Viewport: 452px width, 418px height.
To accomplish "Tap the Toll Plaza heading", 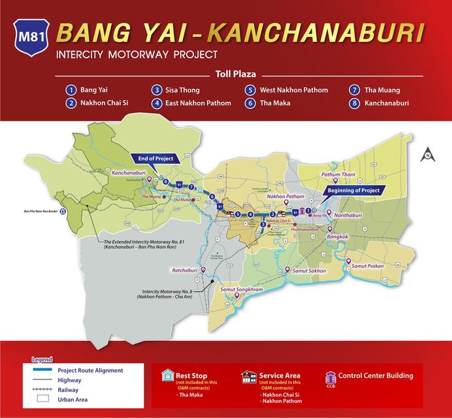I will click(225, 74).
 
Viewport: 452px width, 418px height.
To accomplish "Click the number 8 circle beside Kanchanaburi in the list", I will click(353, 103).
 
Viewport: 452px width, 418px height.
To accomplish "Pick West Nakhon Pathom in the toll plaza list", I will click(295, 90).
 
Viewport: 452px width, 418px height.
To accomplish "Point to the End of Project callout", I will click(155, 157).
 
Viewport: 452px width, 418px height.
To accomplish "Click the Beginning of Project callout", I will click(353, 189).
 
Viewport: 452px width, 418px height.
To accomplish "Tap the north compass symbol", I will click(425, 155).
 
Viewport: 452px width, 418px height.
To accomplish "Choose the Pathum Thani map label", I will click(337, 175).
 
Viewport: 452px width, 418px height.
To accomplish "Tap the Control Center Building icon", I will click(330, 377).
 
